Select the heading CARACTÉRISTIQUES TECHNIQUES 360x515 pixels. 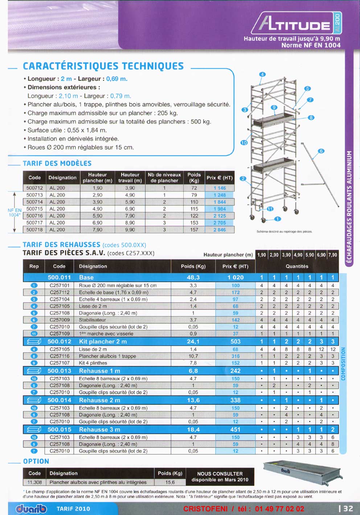103,66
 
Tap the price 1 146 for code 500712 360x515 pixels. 220,188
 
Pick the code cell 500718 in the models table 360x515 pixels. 34,230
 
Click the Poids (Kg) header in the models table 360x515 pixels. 194,177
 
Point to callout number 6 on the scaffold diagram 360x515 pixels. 321,151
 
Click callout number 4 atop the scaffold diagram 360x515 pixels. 262,74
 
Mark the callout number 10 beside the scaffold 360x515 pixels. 244,143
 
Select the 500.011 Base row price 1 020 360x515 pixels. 236,277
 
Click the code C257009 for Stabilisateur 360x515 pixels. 60,320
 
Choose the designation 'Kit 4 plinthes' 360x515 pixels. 93,363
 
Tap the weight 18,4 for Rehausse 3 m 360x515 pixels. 193,429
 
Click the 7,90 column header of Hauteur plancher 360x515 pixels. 332,255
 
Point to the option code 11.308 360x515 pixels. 35,482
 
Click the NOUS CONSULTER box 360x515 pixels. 220,477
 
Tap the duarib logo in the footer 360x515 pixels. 32,509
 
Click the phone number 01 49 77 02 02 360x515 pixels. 279,509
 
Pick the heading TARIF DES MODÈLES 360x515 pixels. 57,164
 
